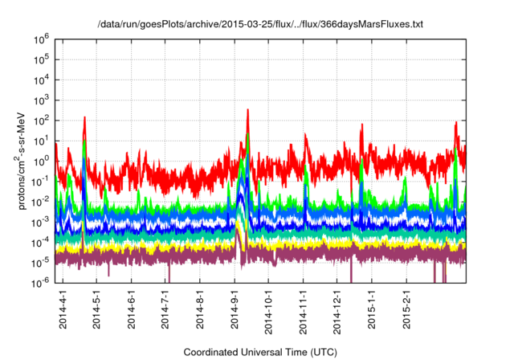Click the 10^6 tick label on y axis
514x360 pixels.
click(42, 38)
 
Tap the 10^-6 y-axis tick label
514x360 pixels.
click(40, 282)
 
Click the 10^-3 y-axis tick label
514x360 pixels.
click(40, 221)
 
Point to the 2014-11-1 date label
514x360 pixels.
click(304, 309)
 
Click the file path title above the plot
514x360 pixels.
click(260, 25)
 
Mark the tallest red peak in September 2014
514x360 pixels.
click(247, 110)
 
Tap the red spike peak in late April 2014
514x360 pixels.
click(84, 118)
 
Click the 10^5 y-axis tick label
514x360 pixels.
click(42, 58)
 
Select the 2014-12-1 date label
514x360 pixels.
click(338, 309)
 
